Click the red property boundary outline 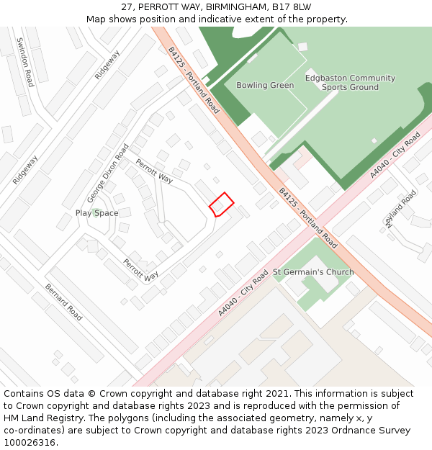point(222,204)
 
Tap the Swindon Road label point(24,62)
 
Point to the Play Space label point(96,213)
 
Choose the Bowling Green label point(265,86)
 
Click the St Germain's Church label point(313,272)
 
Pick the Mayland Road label point(401,210)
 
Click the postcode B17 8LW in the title point(292,6)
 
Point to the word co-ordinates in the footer point(32,431)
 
